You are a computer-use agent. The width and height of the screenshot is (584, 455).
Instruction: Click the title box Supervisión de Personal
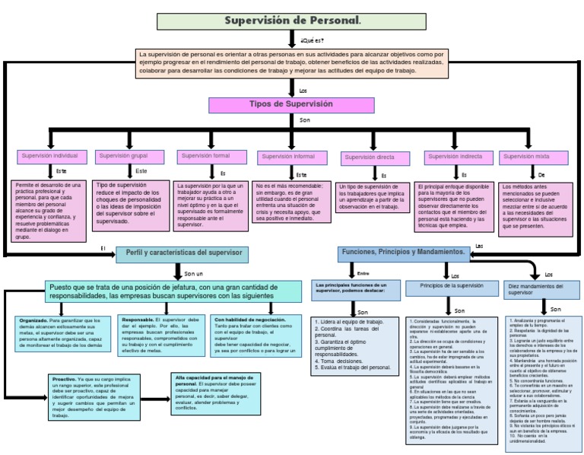coord(291,21)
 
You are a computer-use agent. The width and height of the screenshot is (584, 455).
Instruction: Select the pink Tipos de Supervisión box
coord(291,104)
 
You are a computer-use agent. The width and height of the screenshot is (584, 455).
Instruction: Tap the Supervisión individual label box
coord(49,157)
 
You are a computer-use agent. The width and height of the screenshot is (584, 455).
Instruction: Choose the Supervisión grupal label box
coord(124,157)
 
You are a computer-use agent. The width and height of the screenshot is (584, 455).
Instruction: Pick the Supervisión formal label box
coord(205,157)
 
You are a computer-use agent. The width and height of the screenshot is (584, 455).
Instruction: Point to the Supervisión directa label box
coord(369,157)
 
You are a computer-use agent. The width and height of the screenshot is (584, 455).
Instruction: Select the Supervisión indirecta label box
coord(455,157)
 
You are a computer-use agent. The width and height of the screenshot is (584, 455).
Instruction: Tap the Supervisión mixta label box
coord(525,157)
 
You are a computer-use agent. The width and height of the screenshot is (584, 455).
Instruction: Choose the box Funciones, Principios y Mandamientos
coord(404,252)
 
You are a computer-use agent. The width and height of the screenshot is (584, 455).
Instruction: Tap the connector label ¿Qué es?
coord(312,40)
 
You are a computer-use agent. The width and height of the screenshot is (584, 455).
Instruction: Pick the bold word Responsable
coord(138,320)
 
